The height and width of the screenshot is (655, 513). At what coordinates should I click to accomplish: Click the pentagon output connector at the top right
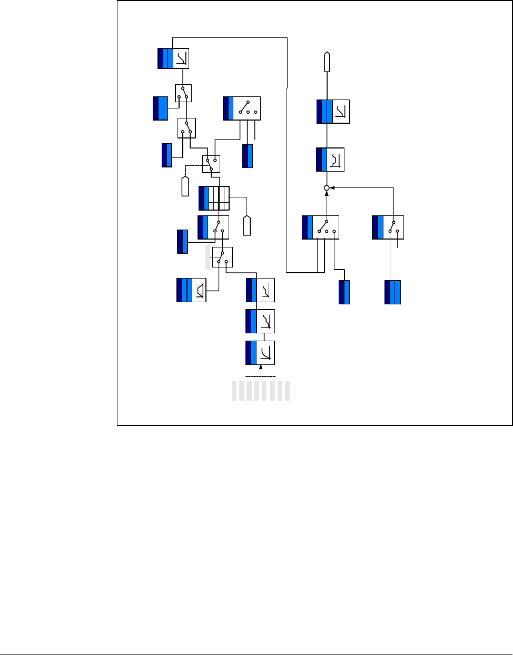[327, 62]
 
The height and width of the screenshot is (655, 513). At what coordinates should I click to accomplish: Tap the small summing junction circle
[327, 187]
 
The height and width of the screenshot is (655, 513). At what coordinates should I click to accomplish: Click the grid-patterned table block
[214, 199]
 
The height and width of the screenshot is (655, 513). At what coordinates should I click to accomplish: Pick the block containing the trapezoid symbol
[191, 290]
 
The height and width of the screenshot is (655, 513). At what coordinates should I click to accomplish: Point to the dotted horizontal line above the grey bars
[261, 377]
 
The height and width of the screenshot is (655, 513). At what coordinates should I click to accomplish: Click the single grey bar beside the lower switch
[208, 257]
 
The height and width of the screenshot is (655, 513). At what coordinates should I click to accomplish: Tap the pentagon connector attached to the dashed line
[185, 186]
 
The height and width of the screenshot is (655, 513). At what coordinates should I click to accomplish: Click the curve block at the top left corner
[173, 58]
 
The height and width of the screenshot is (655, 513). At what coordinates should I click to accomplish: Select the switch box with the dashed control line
[211, 164]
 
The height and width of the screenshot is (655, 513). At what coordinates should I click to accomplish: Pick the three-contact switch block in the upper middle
[242, 108]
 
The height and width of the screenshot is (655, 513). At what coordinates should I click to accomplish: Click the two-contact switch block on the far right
[388, 227]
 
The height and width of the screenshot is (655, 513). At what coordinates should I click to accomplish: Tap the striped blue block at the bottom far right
[392, 292]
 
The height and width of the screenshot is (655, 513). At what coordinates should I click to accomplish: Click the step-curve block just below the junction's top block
[330, 160]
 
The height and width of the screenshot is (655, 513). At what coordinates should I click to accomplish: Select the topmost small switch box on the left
[183, 93]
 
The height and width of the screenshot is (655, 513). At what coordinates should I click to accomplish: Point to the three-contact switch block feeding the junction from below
[320, 227]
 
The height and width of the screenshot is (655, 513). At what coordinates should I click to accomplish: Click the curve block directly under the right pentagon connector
[333, 112]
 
